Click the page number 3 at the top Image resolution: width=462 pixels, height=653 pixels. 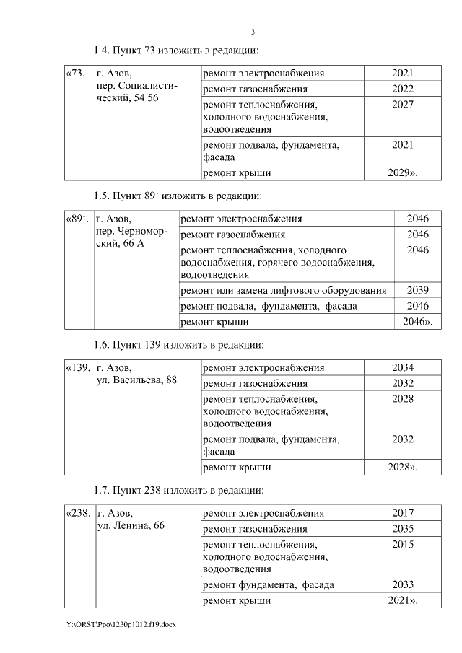[x=253, y=32]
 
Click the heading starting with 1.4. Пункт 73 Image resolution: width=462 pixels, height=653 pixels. [x=176, y=51]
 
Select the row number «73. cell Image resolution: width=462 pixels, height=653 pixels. [x=75, y=74]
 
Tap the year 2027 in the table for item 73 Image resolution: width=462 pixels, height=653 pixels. [x=402, y=105]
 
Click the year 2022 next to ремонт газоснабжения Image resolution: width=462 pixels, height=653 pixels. [x=402, y=89]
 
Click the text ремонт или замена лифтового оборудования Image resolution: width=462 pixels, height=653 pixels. [x=284, y=290]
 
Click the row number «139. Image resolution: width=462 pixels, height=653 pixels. [x=78, y=367]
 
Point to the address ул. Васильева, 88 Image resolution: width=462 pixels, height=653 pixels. [x=136, y=380]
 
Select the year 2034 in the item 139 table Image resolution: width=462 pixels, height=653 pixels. [x=402, y=367]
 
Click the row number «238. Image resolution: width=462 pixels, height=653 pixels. [x=78, y=513]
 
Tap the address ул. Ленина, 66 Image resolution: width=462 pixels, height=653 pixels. [x=131, y=525]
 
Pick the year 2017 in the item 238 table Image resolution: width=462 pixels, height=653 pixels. [x=402, y=513]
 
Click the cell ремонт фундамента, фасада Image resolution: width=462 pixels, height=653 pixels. [x=269, y=584]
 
